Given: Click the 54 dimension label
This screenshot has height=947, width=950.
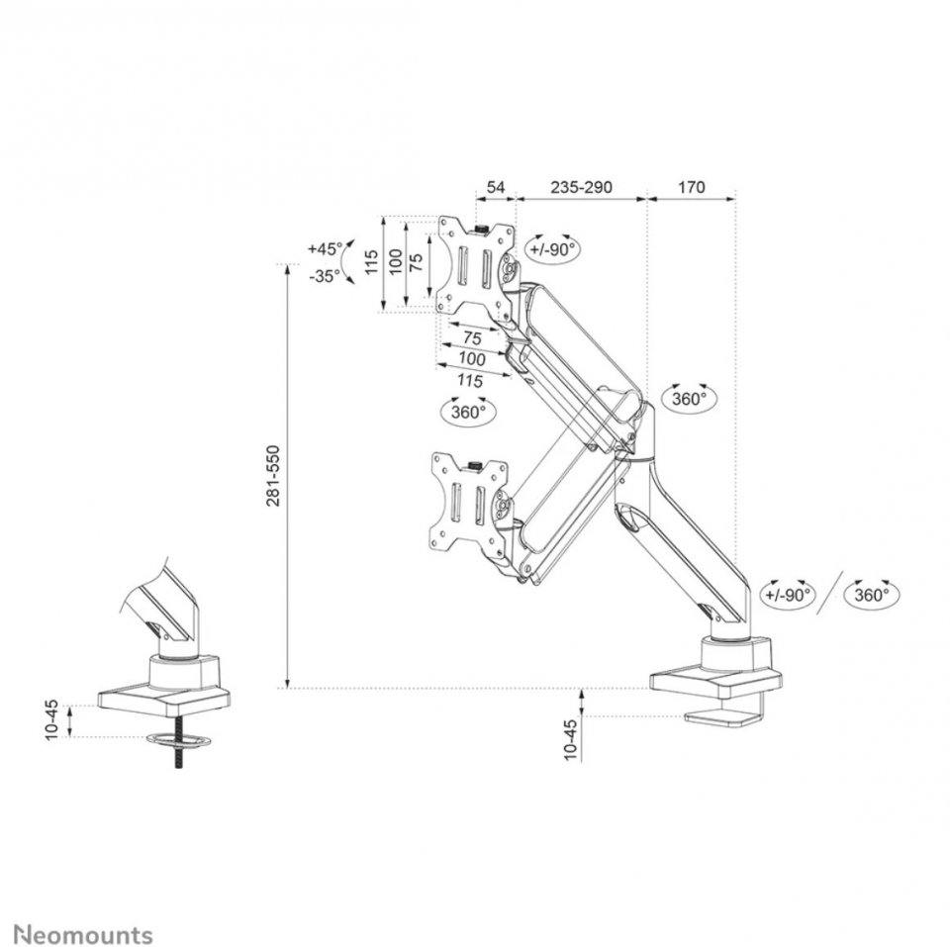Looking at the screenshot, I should coord(497,186).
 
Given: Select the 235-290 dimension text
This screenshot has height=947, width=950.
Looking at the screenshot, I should coord(581,186).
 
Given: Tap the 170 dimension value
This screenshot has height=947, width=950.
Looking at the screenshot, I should coord(692,186).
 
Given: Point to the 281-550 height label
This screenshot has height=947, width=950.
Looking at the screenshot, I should coord(272,476).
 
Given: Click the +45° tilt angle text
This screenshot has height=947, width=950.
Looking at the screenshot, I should coord(325,247).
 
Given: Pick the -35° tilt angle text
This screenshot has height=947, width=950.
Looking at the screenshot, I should coord(325,277).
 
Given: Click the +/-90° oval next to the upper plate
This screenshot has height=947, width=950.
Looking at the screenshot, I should coord(552,249).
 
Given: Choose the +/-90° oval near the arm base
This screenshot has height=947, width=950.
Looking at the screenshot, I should coord(788,595).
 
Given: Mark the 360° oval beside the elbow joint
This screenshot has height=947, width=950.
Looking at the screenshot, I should coord(690,399).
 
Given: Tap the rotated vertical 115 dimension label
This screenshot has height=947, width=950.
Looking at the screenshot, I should coord(372,264).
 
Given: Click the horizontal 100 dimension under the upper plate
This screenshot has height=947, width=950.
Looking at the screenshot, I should coord(473,358).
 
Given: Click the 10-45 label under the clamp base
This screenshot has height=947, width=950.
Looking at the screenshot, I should coord(570,737).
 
